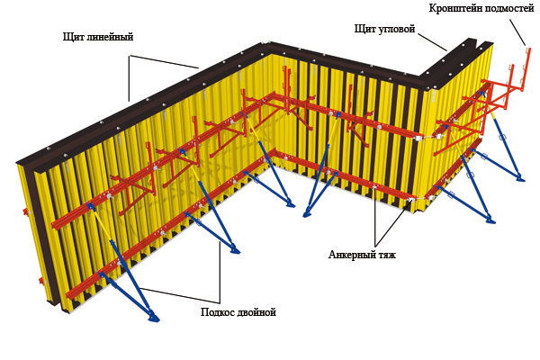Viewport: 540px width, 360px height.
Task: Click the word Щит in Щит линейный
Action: point(73,38)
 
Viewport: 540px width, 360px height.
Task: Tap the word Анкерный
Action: point(347,255)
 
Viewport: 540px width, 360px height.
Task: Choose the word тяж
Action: point(385,255)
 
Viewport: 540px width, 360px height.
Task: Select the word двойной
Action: point(256,312)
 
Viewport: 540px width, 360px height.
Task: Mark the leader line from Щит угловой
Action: point(433,41)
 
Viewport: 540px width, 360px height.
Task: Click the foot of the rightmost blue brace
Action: point(520,179)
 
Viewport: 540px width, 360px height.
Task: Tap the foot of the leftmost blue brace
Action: point(154,317)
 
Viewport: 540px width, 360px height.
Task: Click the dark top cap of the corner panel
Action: point(450,63)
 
